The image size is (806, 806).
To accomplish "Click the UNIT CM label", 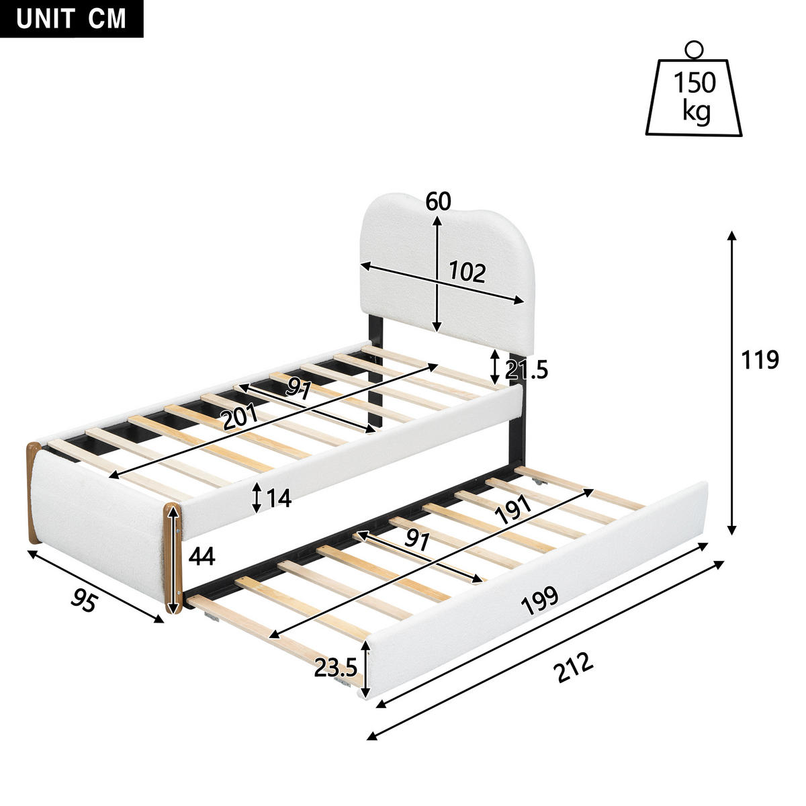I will (71, 18).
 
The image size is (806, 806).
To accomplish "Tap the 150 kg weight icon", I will (695, 97).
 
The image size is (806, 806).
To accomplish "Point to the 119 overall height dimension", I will (760, 360).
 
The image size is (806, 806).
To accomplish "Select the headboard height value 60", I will (438, 201).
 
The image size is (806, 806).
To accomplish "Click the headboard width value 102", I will (466, 272).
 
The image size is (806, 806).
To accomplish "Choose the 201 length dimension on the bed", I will (240, 419).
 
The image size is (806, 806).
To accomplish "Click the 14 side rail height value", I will (277, 498).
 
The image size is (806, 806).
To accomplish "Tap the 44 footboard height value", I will (202, 556).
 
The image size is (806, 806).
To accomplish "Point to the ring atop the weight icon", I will (694, 49).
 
